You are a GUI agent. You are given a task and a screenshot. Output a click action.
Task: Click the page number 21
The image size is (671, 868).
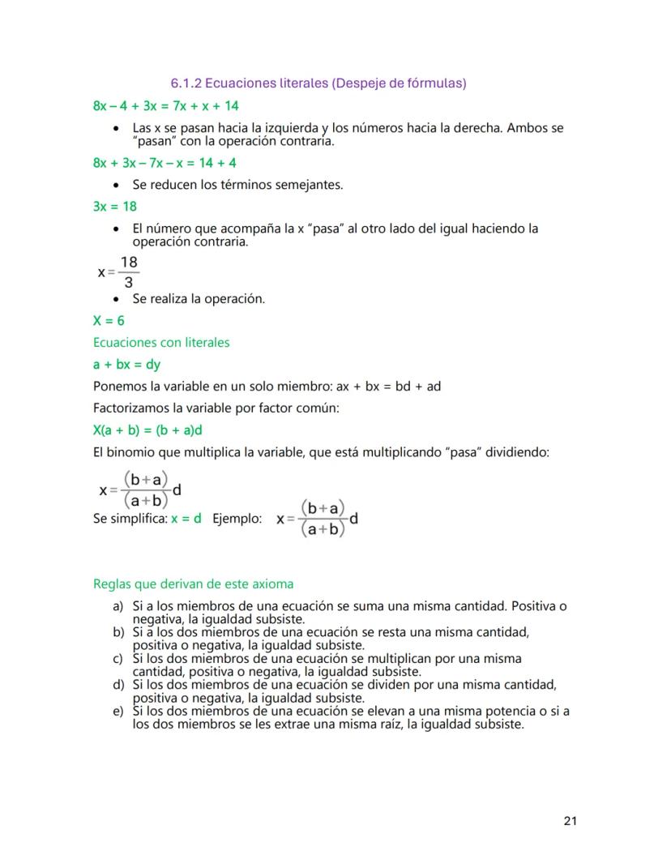[570, 821]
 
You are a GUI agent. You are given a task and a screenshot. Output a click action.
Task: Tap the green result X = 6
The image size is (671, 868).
[109, 321]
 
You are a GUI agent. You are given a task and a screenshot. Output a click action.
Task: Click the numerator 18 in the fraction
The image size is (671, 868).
[128, 263]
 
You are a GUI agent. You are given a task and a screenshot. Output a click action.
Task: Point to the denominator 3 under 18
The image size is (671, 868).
[128, 283]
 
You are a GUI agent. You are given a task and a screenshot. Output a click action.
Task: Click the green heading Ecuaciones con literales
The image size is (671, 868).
[161, 343]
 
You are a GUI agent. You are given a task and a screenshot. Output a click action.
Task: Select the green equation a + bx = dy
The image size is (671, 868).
[126, 365]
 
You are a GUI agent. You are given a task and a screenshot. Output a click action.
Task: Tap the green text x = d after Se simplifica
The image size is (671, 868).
[186, 519]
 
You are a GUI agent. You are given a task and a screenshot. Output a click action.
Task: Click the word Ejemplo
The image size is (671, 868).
[237, 519]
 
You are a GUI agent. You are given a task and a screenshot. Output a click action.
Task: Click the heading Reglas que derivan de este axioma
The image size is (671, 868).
[193, 584]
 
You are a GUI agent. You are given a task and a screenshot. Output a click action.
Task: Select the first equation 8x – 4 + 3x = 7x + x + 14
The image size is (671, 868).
[165, 106]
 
